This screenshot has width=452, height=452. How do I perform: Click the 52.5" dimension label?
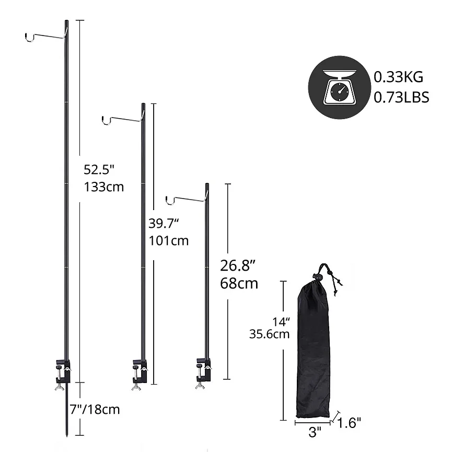click(99, 169)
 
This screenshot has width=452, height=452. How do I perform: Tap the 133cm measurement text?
click(104, 187)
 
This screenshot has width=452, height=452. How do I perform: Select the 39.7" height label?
click(164, 224)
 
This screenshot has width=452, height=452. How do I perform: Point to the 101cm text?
click(169, 241)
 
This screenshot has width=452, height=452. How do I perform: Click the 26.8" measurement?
click(238, 265)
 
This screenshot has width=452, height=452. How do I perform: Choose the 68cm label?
click(239, 283)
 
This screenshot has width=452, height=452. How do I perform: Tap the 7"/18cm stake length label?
click(95, 409)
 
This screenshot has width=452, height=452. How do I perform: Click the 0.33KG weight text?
click(398, 77)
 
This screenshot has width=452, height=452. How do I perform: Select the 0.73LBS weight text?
click(401, 97)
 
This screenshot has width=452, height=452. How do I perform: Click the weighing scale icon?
click(339, 87)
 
